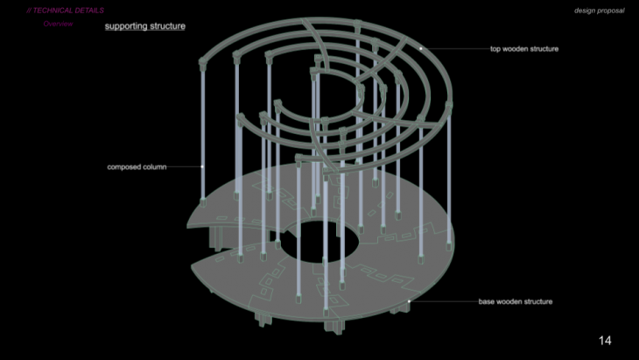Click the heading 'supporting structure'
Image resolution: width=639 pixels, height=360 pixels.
coord(145,26)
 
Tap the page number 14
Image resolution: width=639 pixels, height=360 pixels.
coord(605,341)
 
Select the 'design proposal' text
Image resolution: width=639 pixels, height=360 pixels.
coord(599,11)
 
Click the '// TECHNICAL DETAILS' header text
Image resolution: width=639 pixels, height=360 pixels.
coord(65,11)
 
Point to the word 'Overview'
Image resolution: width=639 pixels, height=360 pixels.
coord(58,24)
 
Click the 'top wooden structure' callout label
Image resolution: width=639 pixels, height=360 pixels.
coord(524,49)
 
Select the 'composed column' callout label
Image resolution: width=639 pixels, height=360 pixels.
coord(137,166)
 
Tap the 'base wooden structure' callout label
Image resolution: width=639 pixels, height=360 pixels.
coord(516,301)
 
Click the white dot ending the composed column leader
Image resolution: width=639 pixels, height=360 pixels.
coord(202,166)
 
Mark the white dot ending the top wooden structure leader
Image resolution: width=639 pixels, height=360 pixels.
coord(421,48)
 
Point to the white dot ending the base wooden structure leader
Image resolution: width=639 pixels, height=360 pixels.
coord(409,301)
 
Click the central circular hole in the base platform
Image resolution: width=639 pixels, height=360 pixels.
coord(319,242)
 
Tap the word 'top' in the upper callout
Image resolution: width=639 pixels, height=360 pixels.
coord(495,49)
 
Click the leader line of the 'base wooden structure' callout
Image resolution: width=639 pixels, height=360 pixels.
coord(443,301)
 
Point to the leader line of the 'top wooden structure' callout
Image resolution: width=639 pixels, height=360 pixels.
coord(455,48)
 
